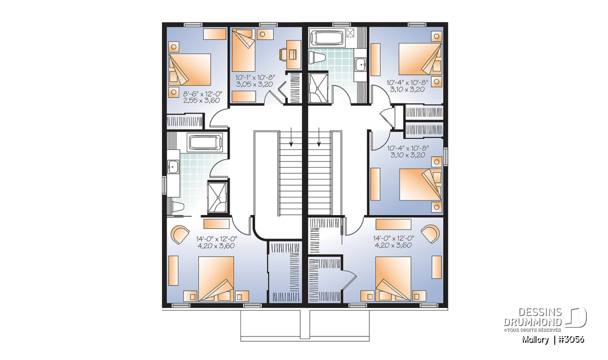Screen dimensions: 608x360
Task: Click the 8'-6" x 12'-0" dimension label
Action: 203,94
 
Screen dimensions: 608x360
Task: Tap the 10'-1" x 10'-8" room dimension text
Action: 255,78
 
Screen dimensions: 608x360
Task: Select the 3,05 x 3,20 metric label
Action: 254,85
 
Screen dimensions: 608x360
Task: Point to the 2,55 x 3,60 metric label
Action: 202,101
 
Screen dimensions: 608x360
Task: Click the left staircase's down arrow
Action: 291,137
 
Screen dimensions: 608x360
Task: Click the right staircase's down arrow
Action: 319,137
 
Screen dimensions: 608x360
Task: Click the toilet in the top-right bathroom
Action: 317,59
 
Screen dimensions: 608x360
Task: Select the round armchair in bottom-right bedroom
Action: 430,234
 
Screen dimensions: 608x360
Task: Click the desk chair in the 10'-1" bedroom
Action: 284,54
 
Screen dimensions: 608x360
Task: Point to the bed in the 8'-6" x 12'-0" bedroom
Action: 189,70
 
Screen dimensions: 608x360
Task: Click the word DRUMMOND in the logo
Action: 533,322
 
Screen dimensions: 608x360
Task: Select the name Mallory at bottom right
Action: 535,340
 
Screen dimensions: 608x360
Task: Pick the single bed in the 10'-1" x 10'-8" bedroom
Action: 243,51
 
